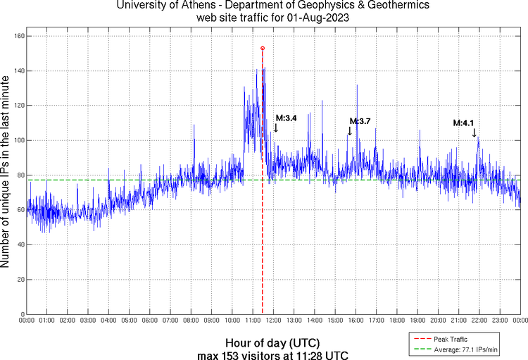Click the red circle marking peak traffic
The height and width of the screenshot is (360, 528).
(x=263, y=48)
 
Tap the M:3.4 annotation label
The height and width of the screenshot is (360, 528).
(x=286, y=118)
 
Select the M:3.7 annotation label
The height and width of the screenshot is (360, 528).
(x=360, y=121)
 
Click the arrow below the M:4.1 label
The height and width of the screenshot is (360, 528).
(x=474, y=132)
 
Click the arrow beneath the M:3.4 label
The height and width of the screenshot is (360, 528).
(x=276, y=128)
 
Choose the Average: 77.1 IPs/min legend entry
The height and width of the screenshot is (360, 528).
(x=459, y=349)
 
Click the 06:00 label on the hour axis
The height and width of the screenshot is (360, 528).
(x=150, y=321)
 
